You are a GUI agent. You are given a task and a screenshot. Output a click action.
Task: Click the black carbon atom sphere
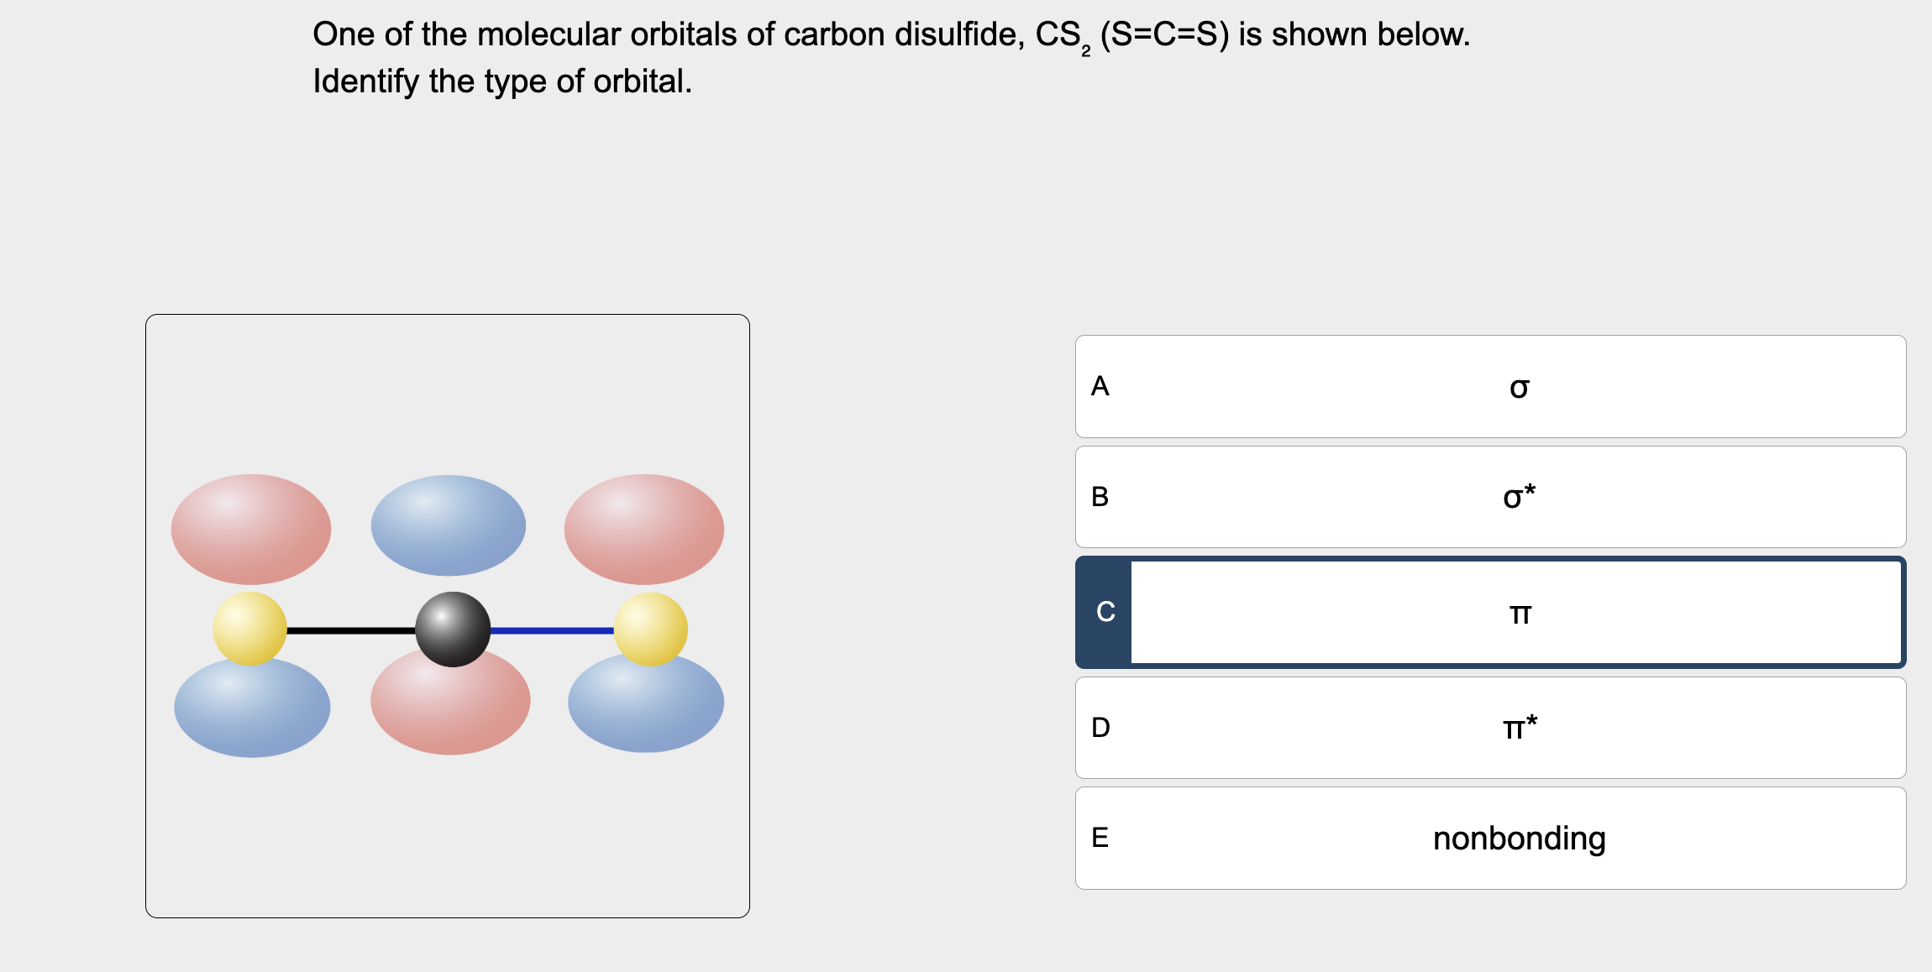(453, 630)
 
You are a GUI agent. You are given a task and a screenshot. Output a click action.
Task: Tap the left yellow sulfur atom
(249, 629)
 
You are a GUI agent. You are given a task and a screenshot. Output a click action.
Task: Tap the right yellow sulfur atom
(651, 630)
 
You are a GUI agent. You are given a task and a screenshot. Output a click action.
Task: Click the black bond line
(350, 630)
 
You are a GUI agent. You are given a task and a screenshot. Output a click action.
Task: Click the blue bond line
(552, 630)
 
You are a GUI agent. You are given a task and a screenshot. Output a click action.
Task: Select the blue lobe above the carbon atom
(449, 525)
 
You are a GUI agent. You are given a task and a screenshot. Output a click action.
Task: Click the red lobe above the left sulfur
(251, 529)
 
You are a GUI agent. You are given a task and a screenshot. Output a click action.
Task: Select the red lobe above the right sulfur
(644, 529)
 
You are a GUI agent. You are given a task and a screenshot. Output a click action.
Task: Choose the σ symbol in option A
(1519, 388)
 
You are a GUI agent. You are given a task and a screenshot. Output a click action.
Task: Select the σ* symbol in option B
(1519, 497)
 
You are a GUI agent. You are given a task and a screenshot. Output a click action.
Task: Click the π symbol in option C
(1520, 614)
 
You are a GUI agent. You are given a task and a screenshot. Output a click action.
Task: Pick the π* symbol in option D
(1520, 727)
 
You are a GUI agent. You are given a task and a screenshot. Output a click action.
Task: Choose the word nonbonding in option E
(1519, 839)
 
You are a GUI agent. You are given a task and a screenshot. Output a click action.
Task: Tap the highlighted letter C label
(1105, 612)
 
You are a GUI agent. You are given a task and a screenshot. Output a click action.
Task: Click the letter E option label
(1100, 838)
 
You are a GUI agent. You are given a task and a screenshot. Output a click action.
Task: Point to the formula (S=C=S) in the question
(1164, 34)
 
